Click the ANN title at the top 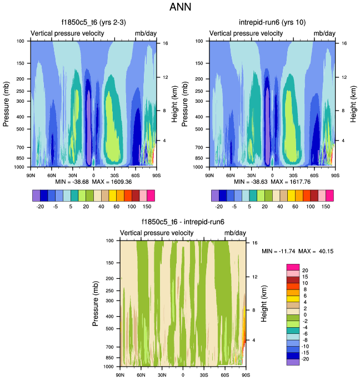tap(179, 7)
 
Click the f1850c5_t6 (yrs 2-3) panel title tap(93, 23)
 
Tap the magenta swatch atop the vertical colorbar tap(293, 268)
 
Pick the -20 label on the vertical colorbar tap(305, 359)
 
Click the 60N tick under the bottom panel tap(141, 374)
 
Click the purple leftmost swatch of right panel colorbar tap(216, 195)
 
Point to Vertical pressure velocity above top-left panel tap(67, 34)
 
